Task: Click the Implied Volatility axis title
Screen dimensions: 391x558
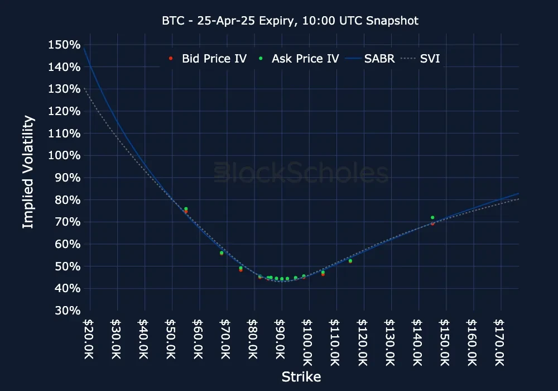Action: (x=28, y=172)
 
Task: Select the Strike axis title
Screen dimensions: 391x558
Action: (x=301, y=377)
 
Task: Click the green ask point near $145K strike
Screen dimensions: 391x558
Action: (x=432, y=217)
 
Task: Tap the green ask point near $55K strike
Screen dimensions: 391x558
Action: (x=186, y=209)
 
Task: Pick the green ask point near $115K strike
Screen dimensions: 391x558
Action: (x=350, y=261)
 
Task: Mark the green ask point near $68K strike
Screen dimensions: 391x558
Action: (x=222, y=253)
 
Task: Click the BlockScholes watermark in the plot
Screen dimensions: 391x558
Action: (x=301, y=173)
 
